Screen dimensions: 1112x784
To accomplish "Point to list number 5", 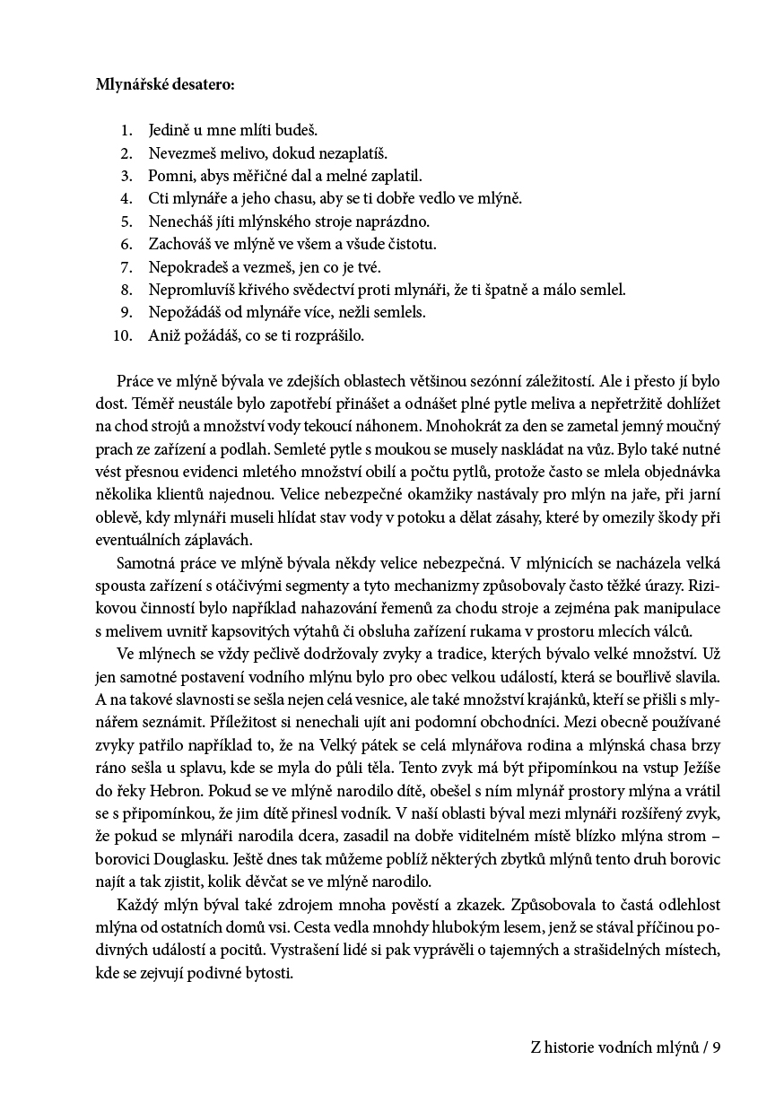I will (x=126, y=221).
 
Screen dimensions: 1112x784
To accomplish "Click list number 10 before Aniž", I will (x=123, y=335).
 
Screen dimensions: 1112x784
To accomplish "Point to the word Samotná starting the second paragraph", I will (x=149, y=562).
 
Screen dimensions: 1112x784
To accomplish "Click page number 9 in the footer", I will (x=717, y=1047).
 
